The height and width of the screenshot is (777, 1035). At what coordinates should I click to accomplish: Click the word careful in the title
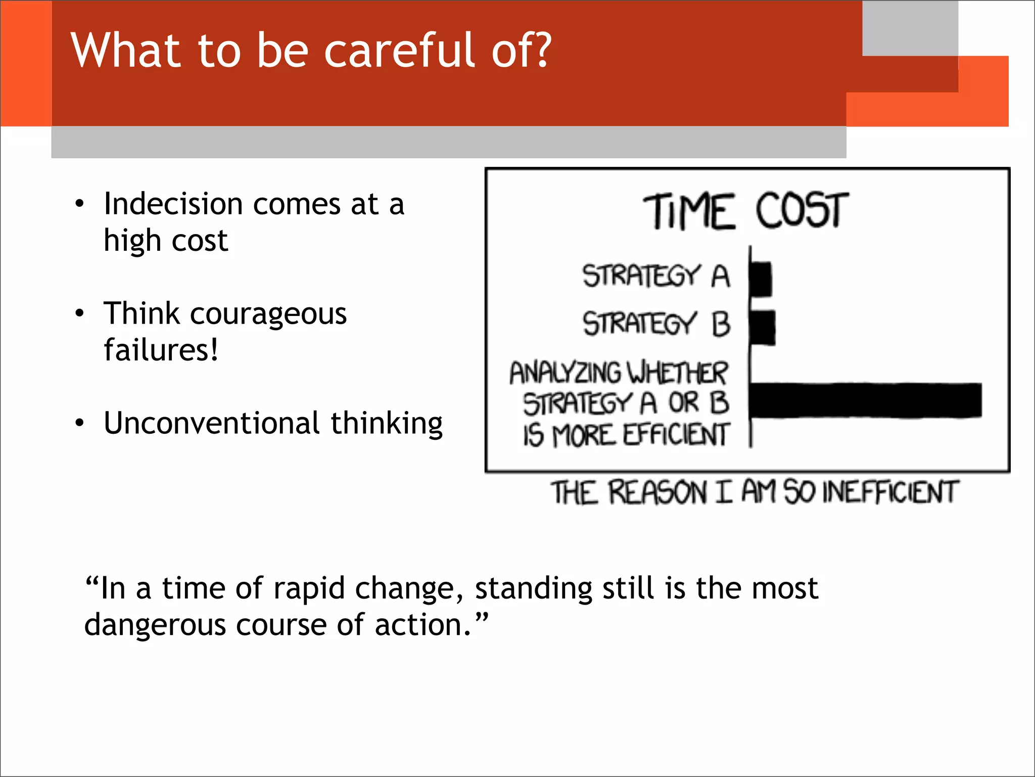pyautogui.click(x=399, y=51)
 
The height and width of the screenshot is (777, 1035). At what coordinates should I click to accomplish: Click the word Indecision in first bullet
pyautogui.click(x=173, y=205)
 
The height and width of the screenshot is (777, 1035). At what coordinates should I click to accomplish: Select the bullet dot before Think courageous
pyautogui.click(x=79, y=313)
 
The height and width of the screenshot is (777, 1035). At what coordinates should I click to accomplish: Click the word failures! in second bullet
pyautogui.click(x=161, y=350)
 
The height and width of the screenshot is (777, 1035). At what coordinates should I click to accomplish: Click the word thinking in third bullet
pyautogui.click(x=387, y=424)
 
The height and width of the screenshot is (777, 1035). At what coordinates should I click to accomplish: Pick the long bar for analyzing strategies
pyautogui.click(x=865, y=400)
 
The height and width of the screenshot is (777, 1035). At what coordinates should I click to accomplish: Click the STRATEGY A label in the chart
pyautogui.click(x=655, y=276)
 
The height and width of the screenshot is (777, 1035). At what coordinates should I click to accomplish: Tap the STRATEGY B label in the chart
pyautogui.click(x=656, y=324)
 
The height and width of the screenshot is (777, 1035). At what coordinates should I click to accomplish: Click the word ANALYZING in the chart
pyautogui.click(x=564, y=373)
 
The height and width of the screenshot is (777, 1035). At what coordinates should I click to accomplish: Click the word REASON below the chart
pyautogui.click(x=657, y=492)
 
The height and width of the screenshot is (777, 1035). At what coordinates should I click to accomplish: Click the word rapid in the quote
pyautogui.click(x=309, y=589)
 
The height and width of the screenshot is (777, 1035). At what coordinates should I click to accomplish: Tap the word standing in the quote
pyautogui.click(x=533, y=589)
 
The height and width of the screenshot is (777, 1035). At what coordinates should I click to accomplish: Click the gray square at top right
pyautogui.click(x=910, y=28)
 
